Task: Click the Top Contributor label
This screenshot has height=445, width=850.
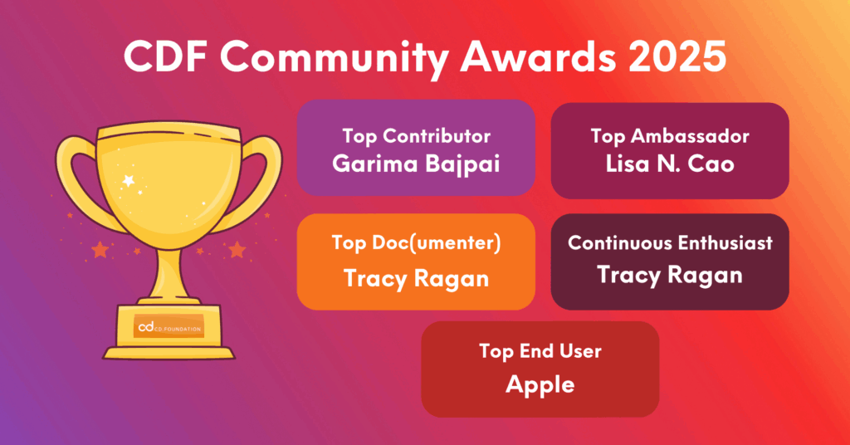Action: tap(416, 135)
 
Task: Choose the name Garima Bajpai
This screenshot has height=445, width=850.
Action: tap(416, 163)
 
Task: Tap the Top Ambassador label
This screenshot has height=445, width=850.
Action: tap(670, 135)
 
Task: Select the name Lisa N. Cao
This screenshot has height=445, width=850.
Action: tap(670, 164)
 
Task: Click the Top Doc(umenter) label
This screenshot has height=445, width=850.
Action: tap(416, 242)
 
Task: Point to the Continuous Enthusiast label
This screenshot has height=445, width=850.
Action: tap(670, 242)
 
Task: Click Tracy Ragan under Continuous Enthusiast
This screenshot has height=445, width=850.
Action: tap(670, 275)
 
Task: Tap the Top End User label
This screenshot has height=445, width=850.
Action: tap(540, 351)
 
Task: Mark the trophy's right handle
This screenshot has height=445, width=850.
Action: tap(255, 174)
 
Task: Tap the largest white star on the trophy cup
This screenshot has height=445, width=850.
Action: tap(128, 179)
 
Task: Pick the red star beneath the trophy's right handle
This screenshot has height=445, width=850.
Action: tap(237, 249)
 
